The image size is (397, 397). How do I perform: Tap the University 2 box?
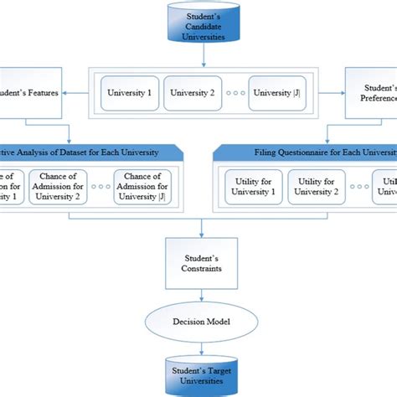[191, 93]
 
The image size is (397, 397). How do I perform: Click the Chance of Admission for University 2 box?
[57, 186]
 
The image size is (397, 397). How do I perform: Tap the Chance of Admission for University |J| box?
[142, 186]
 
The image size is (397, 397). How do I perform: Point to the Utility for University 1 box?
[250, 186]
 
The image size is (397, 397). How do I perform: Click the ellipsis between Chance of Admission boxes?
[100, 187]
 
